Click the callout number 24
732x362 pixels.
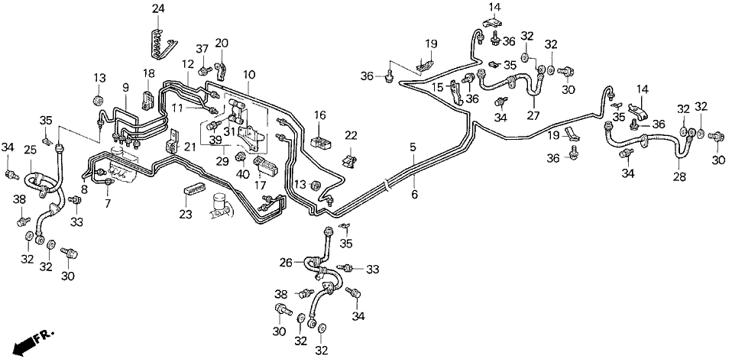pyautogui.click(x=158, y=8)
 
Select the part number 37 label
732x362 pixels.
pyautogui.click(x=203, y=50)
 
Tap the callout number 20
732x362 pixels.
pyautogui.click(x=222, y=43)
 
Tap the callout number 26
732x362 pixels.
pyautogui.click(x=286, y=263)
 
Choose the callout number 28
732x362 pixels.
pyautogui.click(x=679, y=176)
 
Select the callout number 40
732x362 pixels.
pyautogui.click(x=244, y=174)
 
